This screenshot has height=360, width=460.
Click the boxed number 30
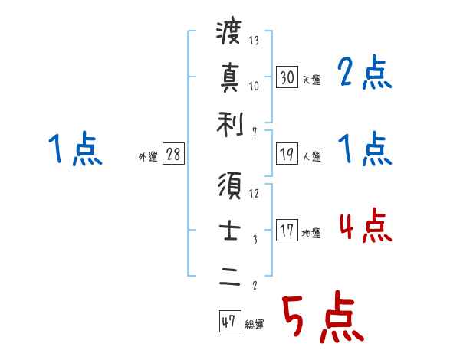click(x=287, y=77)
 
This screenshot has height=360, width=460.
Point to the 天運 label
click(x=311, y=80)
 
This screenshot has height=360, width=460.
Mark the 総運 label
click(x=254, y=325)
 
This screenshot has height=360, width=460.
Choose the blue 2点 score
click(x=365, y=74)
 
